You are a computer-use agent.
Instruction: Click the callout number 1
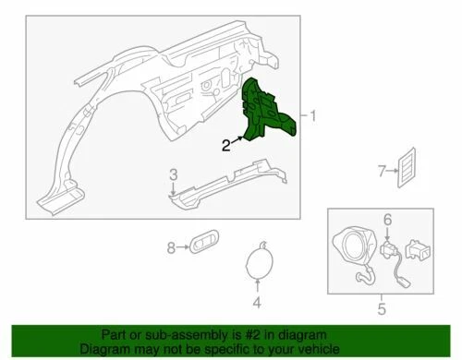[313, 116]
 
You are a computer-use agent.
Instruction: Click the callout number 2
[225, 144]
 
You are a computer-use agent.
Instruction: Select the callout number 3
[173, 174]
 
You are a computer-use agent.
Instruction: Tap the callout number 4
[258, 302]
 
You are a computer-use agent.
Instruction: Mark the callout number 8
[170, 246]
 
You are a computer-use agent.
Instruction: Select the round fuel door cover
[258, 264]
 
